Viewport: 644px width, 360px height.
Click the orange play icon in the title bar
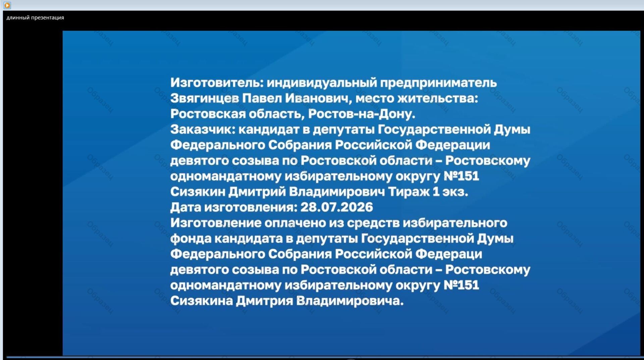7,5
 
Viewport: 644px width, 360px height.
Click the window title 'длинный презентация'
35,18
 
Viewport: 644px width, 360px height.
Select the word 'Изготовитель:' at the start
217,83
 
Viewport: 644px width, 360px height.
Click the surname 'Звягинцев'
205,99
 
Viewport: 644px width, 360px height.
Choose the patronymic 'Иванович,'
319,99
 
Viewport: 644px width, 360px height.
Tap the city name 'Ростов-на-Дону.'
362,114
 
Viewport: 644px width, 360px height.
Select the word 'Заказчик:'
203,130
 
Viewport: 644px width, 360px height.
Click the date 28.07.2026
336,207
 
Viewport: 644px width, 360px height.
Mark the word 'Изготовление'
216,223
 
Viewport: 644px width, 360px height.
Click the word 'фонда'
191,239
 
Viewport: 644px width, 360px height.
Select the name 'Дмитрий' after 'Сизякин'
257,192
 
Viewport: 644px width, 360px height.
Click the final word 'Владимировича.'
350,301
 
